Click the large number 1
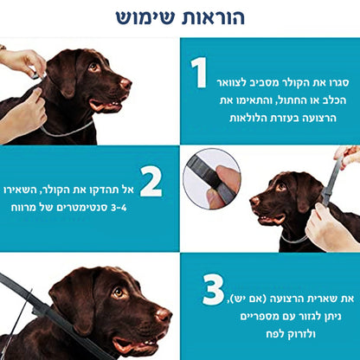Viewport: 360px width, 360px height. pos(200,74)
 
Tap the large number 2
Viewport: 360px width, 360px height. pos(151,183)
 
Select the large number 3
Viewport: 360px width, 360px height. pos(213,291)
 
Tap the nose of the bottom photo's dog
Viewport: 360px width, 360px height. pos(164,313)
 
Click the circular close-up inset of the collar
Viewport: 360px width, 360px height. pos(211,177)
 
